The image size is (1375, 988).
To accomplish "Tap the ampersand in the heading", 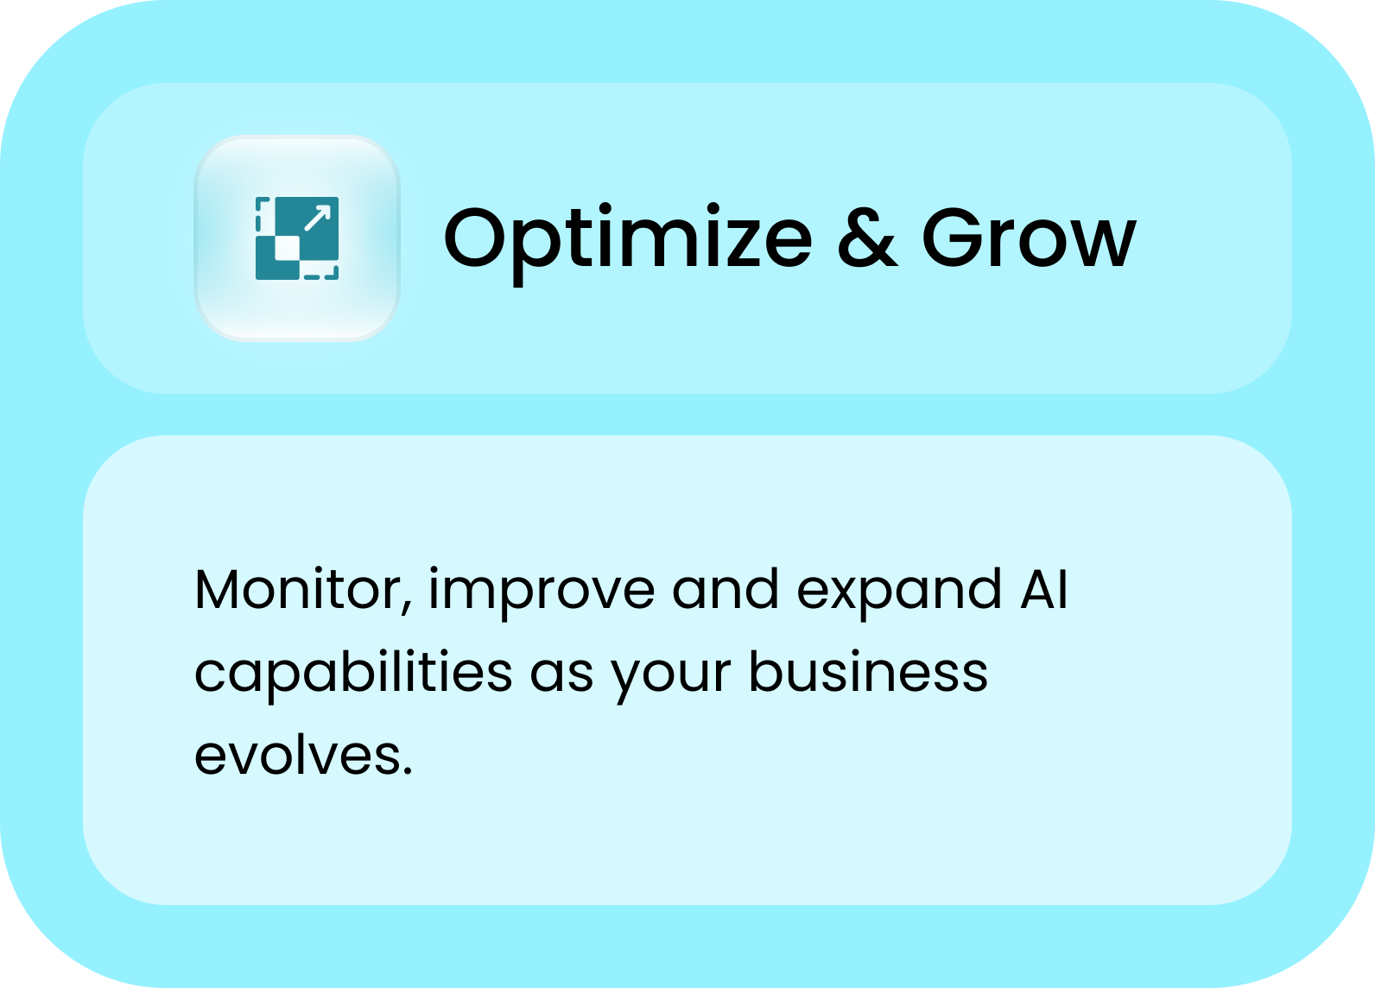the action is (867, 237).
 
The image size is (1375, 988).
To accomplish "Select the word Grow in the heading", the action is (1029, 237).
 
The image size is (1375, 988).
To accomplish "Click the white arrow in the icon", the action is (318, 218).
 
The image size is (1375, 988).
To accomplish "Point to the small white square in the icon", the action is (288, 249).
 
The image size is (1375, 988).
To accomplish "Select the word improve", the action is (542, 592).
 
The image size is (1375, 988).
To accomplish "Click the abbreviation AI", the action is (1045, 589).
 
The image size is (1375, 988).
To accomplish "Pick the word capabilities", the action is (353, 675).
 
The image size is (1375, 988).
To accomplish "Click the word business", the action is (869, 671).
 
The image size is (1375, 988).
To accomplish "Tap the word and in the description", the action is (726, 588).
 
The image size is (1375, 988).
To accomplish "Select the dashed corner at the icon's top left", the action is (262, 214).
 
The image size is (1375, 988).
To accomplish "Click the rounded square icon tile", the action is (297, 238).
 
